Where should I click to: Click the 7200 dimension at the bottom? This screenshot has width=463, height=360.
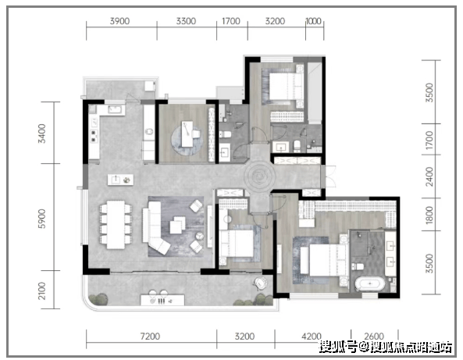tap(150, 337)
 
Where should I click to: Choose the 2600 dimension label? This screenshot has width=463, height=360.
tap(372, 337)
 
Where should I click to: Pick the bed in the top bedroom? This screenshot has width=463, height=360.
tap(282, 87)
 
